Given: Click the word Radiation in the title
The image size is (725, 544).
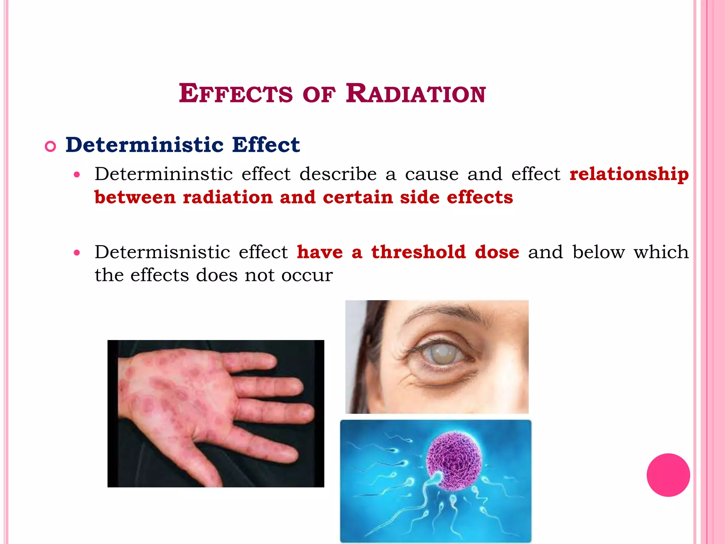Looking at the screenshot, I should (416, 94).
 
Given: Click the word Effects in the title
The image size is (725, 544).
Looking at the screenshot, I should (236, 94).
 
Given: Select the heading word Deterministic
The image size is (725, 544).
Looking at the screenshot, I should (144, 145).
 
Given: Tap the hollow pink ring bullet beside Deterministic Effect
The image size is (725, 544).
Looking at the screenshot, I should (51, 146).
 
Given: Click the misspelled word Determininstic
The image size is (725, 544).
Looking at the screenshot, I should (164, 174).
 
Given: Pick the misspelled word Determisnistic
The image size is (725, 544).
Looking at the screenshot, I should (162, 252).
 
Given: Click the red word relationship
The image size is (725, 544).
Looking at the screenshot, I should (629, 174).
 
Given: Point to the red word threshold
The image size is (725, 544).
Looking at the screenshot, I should (418, 252).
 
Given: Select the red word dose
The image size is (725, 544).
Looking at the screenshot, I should (497, 252).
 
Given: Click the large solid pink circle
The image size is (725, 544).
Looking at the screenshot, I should (668, 475).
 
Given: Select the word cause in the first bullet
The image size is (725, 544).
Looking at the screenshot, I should (432, 174).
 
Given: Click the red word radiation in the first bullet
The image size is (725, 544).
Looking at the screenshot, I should (228, 198).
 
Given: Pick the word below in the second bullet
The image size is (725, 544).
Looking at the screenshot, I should (598, 252).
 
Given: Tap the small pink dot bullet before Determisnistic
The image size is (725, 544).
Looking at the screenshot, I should (77, 253).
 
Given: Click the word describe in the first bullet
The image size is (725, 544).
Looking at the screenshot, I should (338, 174).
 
